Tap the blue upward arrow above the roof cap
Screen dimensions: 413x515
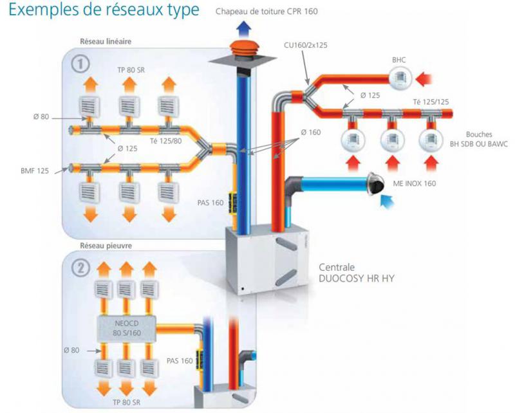pyautogui.click(x=244, y=26)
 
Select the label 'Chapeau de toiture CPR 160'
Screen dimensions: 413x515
pyautogui.click(x=267, y=11)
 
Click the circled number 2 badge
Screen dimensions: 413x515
pyautogui.click(x=79, y=268)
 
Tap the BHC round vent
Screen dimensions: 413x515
pyautogui.click(x=399, y=79)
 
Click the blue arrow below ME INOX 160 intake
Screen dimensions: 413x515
pyautogui.click(x=388, y=203)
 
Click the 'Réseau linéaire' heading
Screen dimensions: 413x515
pyautogui.click(x=106, y=42)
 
